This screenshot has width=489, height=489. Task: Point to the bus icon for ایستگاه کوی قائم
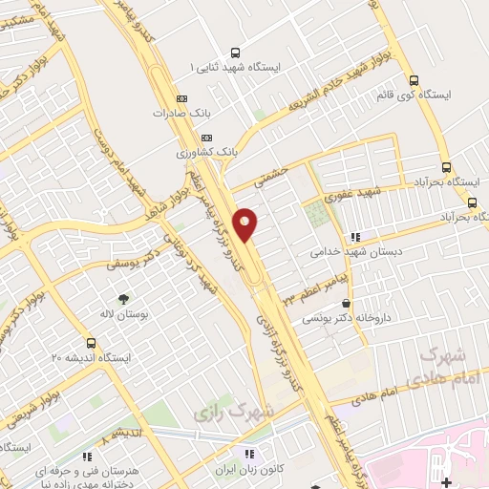[x=414, y=81]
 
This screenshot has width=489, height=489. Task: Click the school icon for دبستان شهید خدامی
[x=355, y=237]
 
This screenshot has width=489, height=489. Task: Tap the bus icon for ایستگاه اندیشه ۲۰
[x=91, y=342]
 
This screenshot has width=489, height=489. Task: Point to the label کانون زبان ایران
[x=251, y=469]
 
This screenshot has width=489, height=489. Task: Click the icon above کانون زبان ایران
[x=250, y=454]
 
